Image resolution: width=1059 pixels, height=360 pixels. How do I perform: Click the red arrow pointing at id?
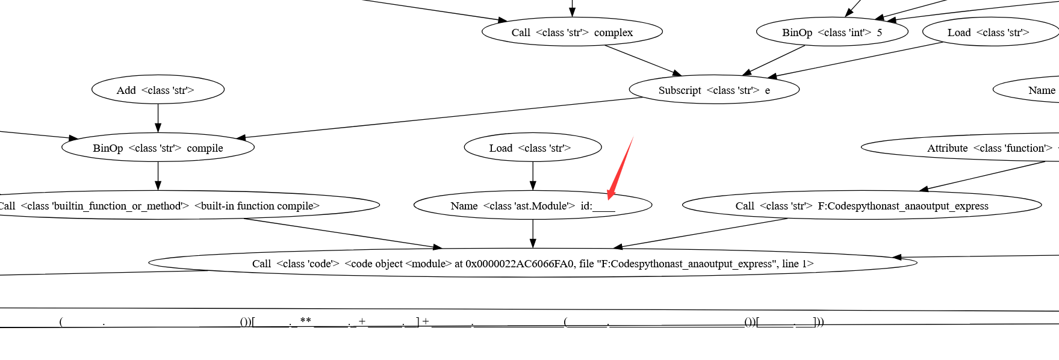[x=620, y=168]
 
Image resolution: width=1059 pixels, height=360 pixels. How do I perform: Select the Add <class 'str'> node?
[x=158, y=90]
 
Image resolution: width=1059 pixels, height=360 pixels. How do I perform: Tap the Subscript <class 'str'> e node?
[x=714, y=90]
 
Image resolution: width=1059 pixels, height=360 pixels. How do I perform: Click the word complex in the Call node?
[x=613, y=33]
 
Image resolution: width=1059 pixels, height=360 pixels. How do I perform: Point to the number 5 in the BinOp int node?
[x=879, y=33]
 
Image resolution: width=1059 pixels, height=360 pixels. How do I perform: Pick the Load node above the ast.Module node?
[x=532, y=148]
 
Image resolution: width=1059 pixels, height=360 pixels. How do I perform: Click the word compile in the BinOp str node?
[x=205, y=148]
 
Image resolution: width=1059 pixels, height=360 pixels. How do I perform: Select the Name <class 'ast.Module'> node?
[x=532, y=206]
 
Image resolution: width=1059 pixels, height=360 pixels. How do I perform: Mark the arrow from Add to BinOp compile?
[x=158, y=118]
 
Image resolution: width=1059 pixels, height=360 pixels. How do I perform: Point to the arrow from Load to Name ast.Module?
[x=532, y=176]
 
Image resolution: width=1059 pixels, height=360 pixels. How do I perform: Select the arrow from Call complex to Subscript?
[x=643, y=60]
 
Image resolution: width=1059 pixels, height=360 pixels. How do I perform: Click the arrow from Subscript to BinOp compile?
[x=439, y=118]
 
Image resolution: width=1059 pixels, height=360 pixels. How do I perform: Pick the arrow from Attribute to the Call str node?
[x=981, y=176]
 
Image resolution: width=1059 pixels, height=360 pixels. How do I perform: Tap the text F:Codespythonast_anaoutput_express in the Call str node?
[x=903, y=206]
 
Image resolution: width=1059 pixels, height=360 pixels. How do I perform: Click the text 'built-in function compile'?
[x=257, y=206]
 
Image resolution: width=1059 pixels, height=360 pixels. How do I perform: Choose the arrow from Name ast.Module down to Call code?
[x=532, y=234]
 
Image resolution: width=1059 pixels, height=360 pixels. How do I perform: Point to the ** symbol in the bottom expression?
[x=305, y=320]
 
